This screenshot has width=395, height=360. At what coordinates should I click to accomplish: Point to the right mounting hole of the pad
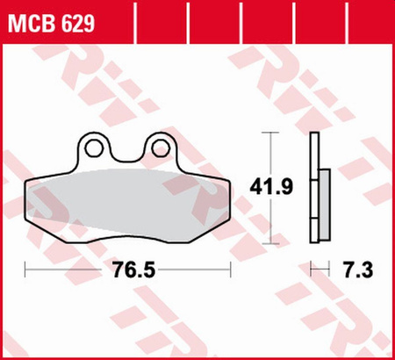point(162,146)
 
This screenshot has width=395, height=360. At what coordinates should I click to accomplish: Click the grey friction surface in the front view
point(127,202)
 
